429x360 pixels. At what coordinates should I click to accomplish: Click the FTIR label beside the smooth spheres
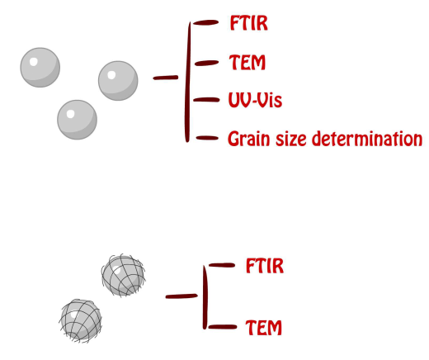tap(248, 23)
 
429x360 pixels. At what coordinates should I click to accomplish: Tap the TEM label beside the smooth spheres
tap(247, 62)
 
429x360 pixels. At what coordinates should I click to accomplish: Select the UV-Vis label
tap(255, 100)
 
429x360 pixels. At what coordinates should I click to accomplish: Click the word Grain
tap(249, 139)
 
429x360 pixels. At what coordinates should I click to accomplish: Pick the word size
tap(291, 139)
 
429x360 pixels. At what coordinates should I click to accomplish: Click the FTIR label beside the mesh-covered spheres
tap(265, 266)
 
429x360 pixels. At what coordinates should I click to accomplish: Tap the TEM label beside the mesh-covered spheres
tap(263, 328)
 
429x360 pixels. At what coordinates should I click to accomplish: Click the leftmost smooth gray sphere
tap(40, 68)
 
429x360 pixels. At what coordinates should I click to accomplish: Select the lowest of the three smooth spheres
tap(77, 120)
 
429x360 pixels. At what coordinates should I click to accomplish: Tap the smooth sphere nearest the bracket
tap(118, 81)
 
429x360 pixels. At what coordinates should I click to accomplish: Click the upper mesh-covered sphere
tap(123, 275)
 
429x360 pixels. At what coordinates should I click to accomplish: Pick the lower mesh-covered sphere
tap(81, 321)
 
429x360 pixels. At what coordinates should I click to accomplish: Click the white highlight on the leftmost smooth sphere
tap(33, 62)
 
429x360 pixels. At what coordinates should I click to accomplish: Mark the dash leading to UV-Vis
tap(206, 100)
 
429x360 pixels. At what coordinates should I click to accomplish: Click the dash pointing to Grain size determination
tap(207, 138)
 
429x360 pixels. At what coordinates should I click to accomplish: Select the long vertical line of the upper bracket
tap(188, 82)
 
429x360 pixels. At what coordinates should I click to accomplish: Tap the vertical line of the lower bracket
tap(205, 297)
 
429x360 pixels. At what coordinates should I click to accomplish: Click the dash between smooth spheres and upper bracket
tap(166, 78)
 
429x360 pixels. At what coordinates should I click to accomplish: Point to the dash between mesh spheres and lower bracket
tap(181, 296)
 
